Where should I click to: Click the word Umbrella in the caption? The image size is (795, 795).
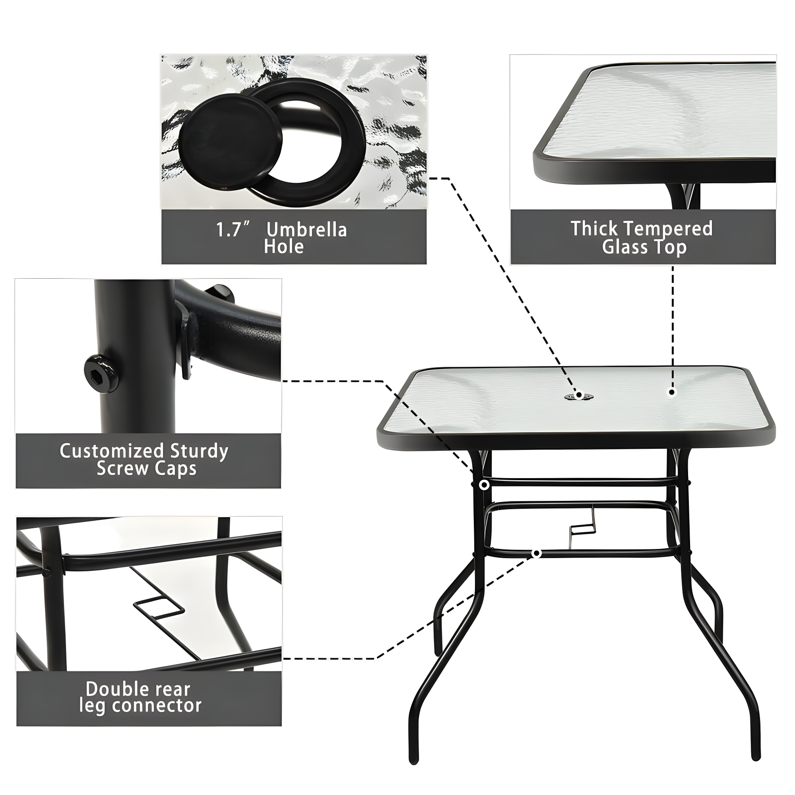pyautogui.click(x=306, y=230)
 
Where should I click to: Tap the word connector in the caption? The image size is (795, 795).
pyautogui.click(x=157, y=706)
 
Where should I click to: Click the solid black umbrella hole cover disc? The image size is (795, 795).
pyautogui.click(x=230, y=141)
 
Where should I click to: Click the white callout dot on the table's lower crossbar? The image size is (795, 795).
pyautogui.click(x=536, y=553)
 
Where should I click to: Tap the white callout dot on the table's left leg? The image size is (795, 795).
pyautogui.click(x=484, y=485)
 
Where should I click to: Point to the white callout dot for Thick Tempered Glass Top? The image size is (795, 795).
pyautogui.click(x=672, y=392)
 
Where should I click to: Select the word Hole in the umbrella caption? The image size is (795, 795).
pyautogui.click(x=284, y=246)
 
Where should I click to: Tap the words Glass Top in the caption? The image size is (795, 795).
pyautogui.click(x=644, y=247)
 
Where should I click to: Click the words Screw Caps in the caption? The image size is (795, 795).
pyautogui.click(x=147, y=469)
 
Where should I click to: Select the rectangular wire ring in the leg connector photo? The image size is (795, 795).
pyautogui.click(x=159, y=606)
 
